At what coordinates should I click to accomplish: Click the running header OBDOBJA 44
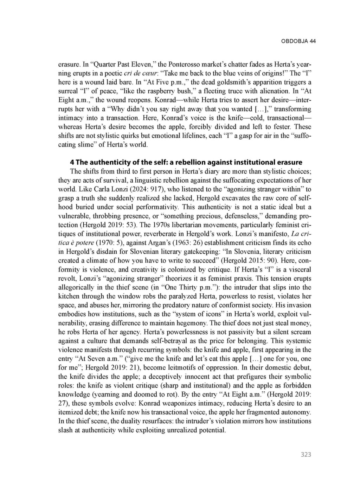(x=298, y=41)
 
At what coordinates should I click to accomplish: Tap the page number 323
(x=306, y=455)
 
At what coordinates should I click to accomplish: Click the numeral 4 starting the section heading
(x=72, y=162)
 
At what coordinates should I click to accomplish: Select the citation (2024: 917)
(x=136, y=189)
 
